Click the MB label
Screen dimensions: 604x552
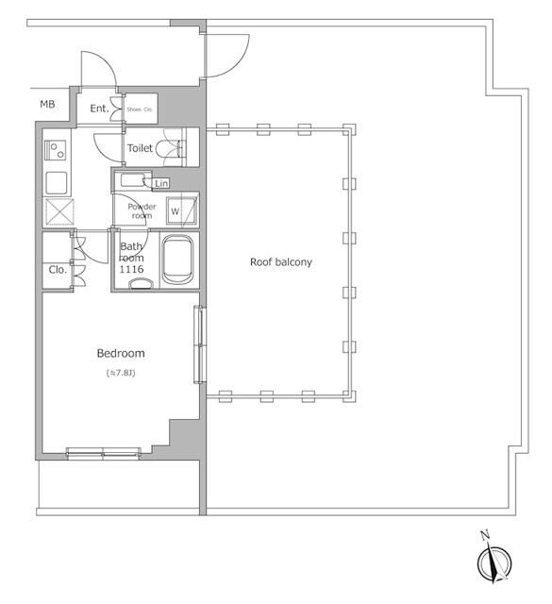click(x=47, y=104)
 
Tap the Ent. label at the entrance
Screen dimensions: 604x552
click(x=99, y=109)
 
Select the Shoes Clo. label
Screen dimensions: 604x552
click(x=140, y=109)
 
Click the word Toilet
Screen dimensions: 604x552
click(x=141, y=148)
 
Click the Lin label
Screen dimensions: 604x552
click(x=161, y=182)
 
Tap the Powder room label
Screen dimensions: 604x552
click(x=142, y=210)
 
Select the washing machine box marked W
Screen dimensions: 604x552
click(x=176, y=210)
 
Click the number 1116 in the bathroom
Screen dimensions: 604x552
click(x=132, y=270)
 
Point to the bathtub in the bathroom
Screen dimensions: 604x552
click(x=177, y=259)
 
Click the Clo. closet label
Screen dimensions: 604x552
click(x=57, y=270)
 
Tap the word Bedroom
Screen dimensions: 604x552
click(x=121, y=354)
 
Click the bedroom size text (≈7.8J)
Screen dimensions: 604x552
click(x=121, y=374)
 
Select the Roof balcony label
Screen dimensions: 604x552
click(x=280, y=261)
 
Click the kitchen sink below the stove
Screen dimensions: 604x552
click(x=56, y=181)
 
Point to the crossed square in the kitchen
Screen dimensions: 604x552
click(x=56, y=211)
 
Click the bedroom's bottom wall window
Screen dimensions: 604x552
click(x=103, y=452)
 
